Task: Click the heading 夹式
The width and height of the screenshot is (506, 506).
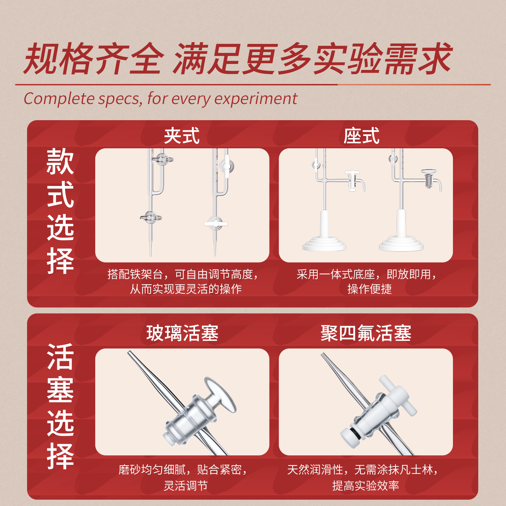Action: pos(182,136)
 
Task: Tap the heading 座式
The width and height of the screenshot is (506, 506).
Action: pos(361,136)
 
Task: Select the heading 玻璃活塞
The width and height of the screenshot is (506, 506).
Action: pos(182,333)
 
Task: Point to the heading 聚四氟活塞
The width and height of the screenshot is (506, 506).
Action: pos(366,333)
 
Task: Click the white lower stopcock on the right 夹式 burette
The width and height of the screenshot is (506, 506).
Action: pos(216,224)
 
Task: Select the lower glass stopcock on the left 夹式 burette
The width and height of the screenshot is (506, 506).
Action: pos(151,218)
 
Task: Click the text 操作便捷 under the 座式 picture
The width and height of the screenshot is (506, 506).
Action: pos(369,289)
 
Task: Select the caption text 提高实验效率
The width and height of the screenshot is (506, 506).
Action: pos(366,486)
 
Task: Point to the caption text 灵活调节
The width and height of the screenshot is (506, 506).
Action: pos(186,486)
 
